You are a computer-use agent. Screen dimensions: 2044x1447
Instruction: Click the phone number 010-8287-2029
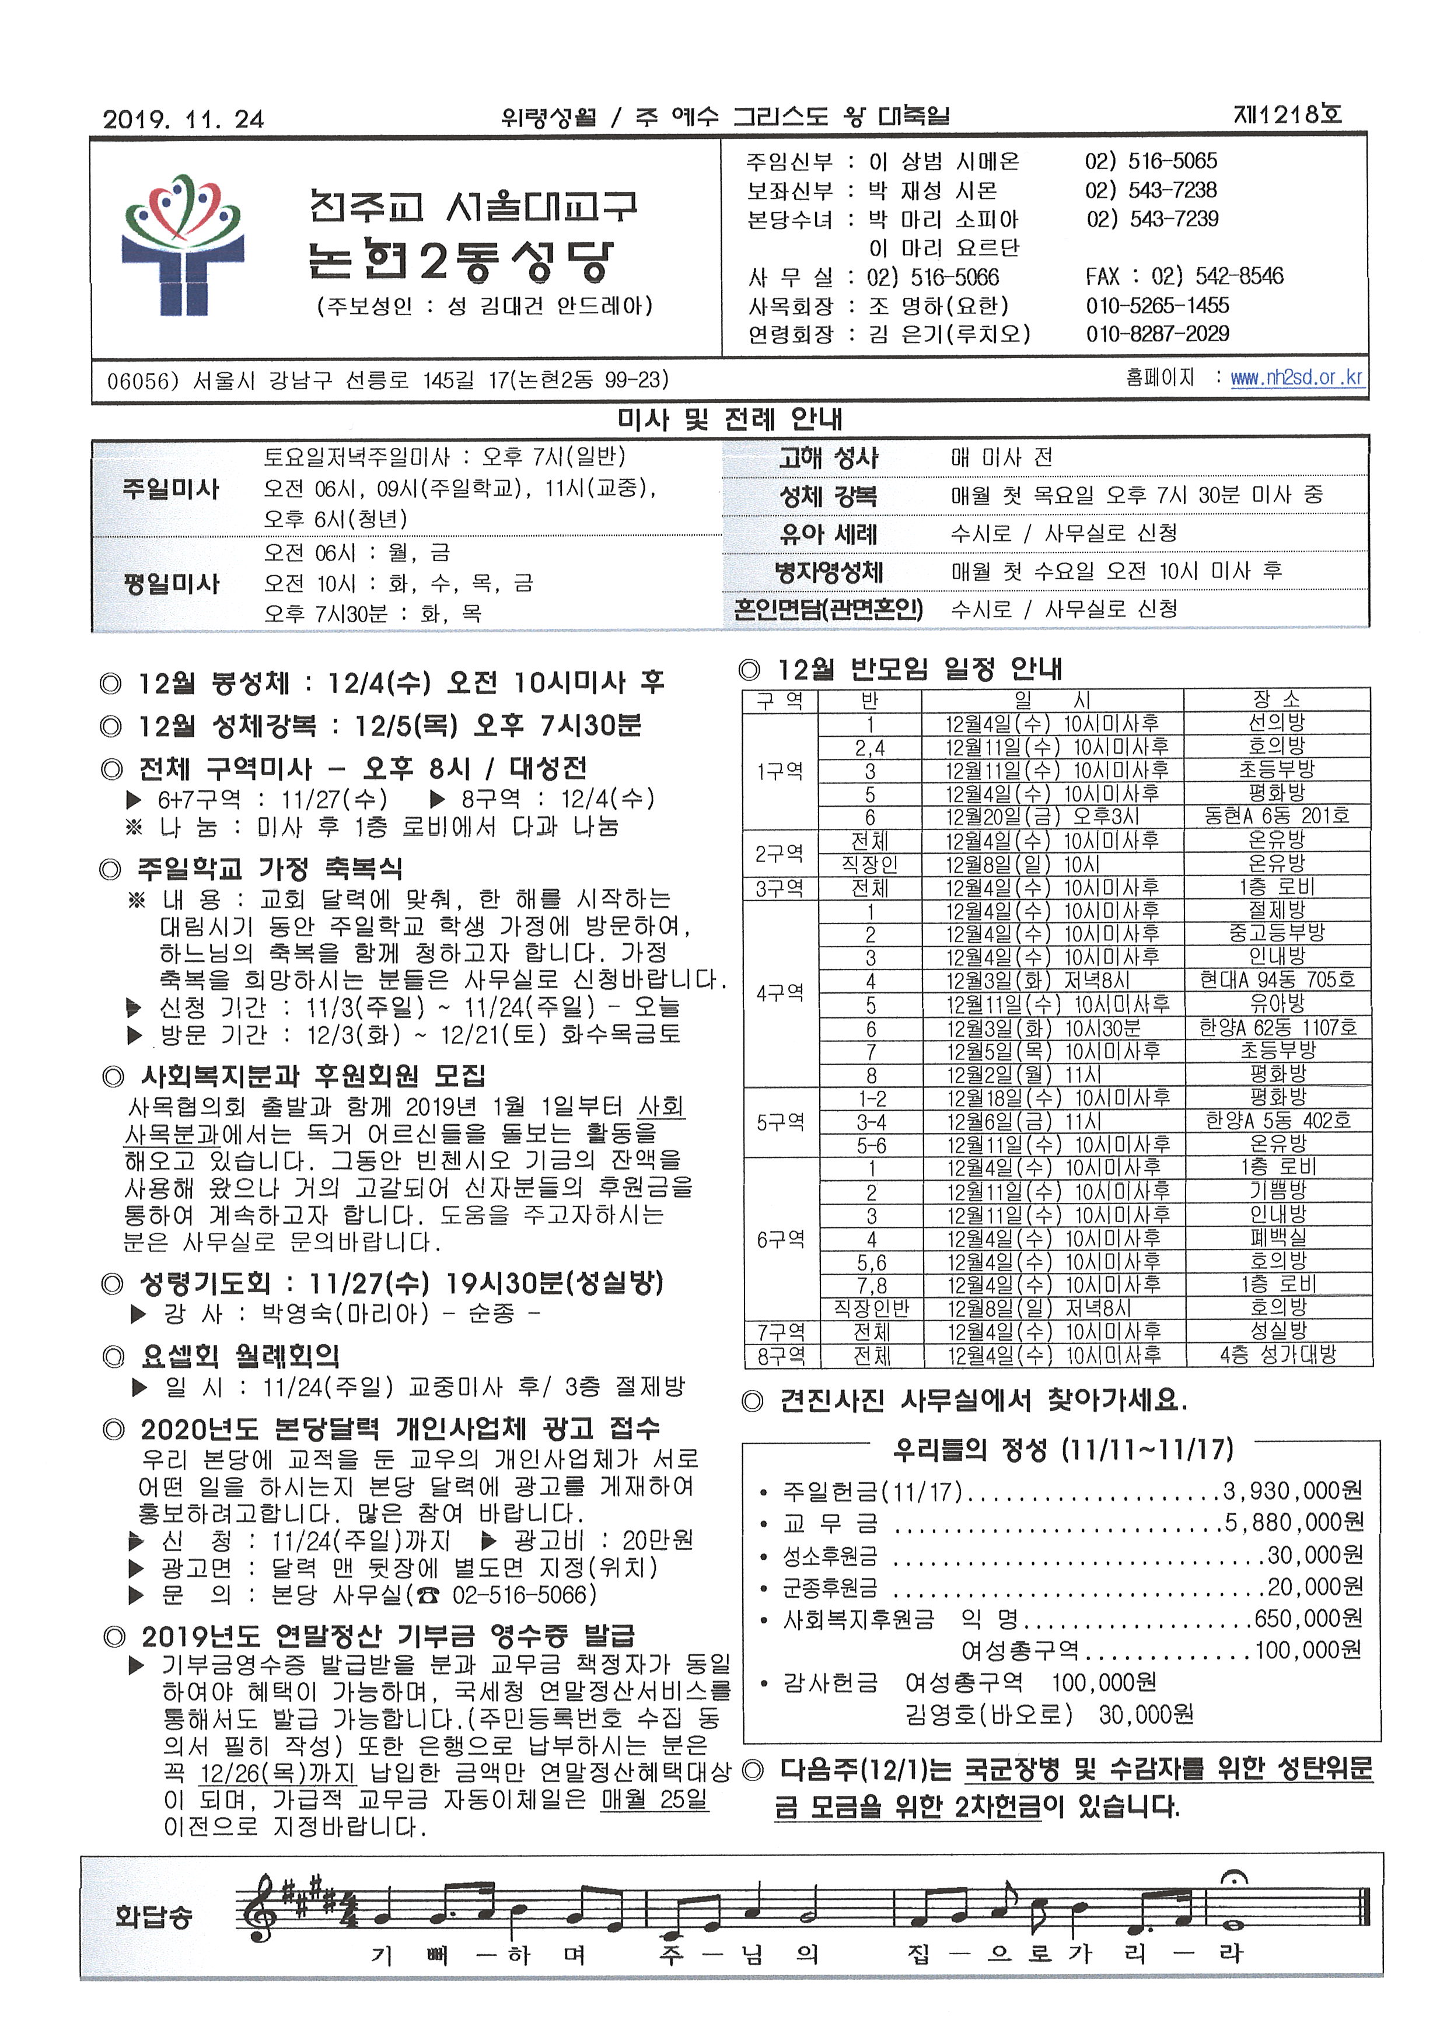pos(1156,334)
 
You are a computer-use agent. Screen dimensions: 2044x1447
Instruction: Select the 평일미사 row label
pos(171,583)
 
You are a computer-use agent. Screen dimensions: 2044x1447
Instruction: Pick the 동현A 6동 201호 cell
pos(1276,816)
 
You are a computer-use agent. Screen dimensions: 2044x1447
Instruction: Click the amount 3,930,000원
pos(1292,1490)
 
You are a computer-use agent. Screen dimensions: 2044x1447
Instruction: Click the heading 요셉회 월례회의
pos(240,1356)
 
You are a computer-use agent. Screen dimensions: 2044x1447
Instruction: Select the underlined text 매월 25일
pos(654,1799)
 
